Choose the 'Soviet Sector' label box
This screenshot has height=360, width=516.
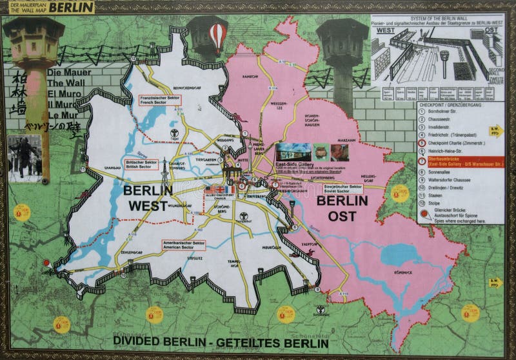click(342, 188)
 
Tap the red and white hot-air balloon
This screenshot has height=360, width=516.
click(218, 37)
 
